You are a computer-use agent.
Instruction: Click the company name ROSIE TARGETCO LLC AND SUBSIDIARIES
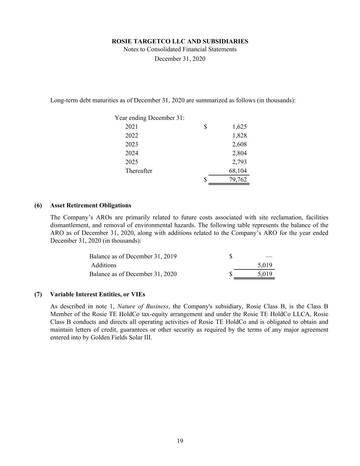pos(180,41)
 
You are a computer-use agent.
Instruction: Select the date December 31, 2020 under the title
pos(180,59)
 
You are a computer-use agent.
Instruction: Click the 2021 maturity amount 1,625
pos(239,127)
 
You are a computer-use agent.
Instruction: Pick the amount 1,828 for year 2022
pos(239,136)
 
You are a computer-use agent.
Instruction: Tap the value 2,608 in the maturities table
pos(239,144)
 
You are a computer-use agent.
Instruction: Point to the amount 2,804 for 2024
pos(239,153)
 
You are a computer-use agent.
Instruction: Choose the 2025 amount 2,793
pos(239,162)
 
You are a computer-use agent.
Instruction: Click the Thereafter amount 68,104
pos(238,171)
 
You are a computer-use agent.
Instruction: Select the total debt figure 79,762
pos(238,180)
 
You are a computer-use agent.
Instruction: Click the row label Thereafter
pos(139,171)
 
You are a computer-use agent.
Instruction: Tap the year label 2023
pos(132,144)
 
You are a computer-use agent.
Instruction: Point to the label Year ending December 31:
pos(150,118)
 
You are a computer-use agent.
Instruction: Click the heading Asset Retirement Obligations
pos(90,206)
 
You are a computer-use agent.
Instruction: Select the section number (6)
pos(38,206)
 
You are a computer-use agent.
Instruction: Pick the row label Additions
pos(104,265)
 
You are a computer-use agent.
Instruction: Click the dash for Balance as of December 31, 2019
pos(269,256)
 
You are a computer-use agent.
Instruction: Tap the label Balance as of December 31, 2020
pos(133,274)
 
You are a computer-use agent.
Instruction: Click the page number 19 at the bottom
pos(180,441)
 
